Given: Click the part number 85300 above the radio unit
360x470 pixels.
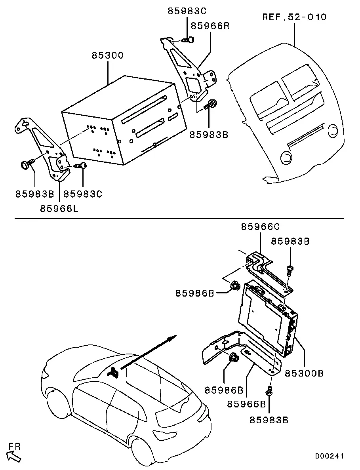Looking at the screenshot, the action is tap(108, 55).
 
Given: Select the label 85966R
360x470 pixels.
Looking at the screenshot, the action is tap(210, 26).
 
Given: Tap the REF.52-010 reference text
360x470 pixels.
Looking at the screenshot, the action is tap(294, 17).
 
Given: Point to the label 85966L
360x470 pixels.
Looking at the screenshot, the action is tap(59, 208).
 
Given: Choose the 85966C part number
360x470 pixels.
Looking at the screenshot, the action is tap(260, 227).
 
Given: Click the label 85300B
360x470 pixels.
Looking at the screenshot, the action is tap(304, 373).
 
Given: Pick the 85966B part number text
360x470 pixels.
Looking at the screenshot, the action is tap(246, 404).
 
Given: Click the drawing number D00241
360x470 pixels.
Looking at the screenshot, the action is tap(330, 456).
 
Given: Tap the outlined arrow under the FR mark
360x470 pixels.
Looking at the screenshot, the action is tap(14, 457).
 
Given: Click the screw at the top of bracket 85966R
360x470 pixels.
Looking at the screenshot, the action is tap(188, 40).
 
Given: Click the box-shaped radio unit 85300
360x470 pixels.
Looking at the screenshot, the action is tap(124, 120).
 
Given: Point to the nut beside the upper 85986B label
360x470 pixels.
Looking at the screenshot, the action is tap(235, 286).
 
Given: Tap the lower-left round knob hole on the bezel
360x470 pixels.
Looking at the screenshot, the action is tap(286, 158).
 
